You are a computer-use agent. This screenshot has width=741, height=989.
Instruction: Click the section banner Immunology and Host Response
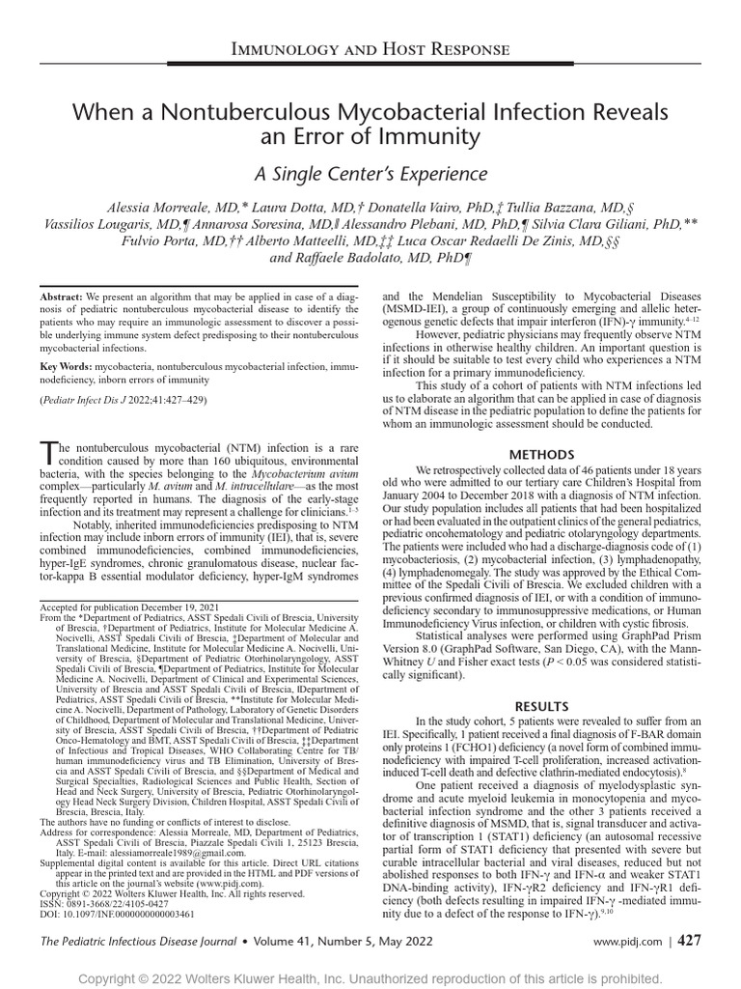point(370,49)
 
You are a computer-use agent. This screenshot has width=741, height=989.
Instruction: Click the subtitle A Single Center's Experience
point(370,174)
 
